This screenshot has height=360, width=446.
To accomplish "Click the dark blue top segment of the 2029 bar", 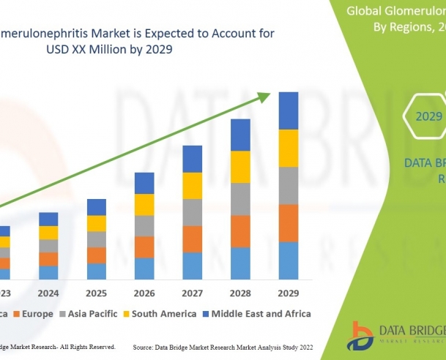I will tap(289, 110).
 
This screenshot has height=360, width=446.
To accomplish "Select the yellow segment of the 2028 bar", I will tap(240, 167).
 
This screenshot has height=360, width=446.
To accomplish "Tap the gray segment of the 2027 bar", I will tap(192, 212).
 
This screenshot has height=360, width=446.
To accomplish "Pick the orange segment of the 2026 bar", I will tap(144, 247).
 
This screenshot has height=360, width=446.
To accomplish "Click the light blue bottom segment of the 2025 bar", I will tap(97, 271).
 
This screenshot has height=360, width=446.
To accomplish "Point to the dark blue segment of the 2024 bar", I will tap(48, 219).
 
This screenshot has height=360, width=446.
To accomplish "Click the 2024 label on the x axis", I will tap(48, 294).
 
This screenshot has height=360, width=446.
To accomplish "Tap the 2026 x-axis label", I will tap(144, 294).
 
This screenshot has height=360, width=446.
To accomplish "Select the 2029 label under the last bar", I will tap(289, 294).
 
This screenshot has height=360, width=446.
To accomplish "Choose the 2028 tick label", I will tap(240, 294).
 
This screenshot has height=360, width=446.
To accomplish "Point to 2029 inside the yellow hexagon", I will tap(429, 116).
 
